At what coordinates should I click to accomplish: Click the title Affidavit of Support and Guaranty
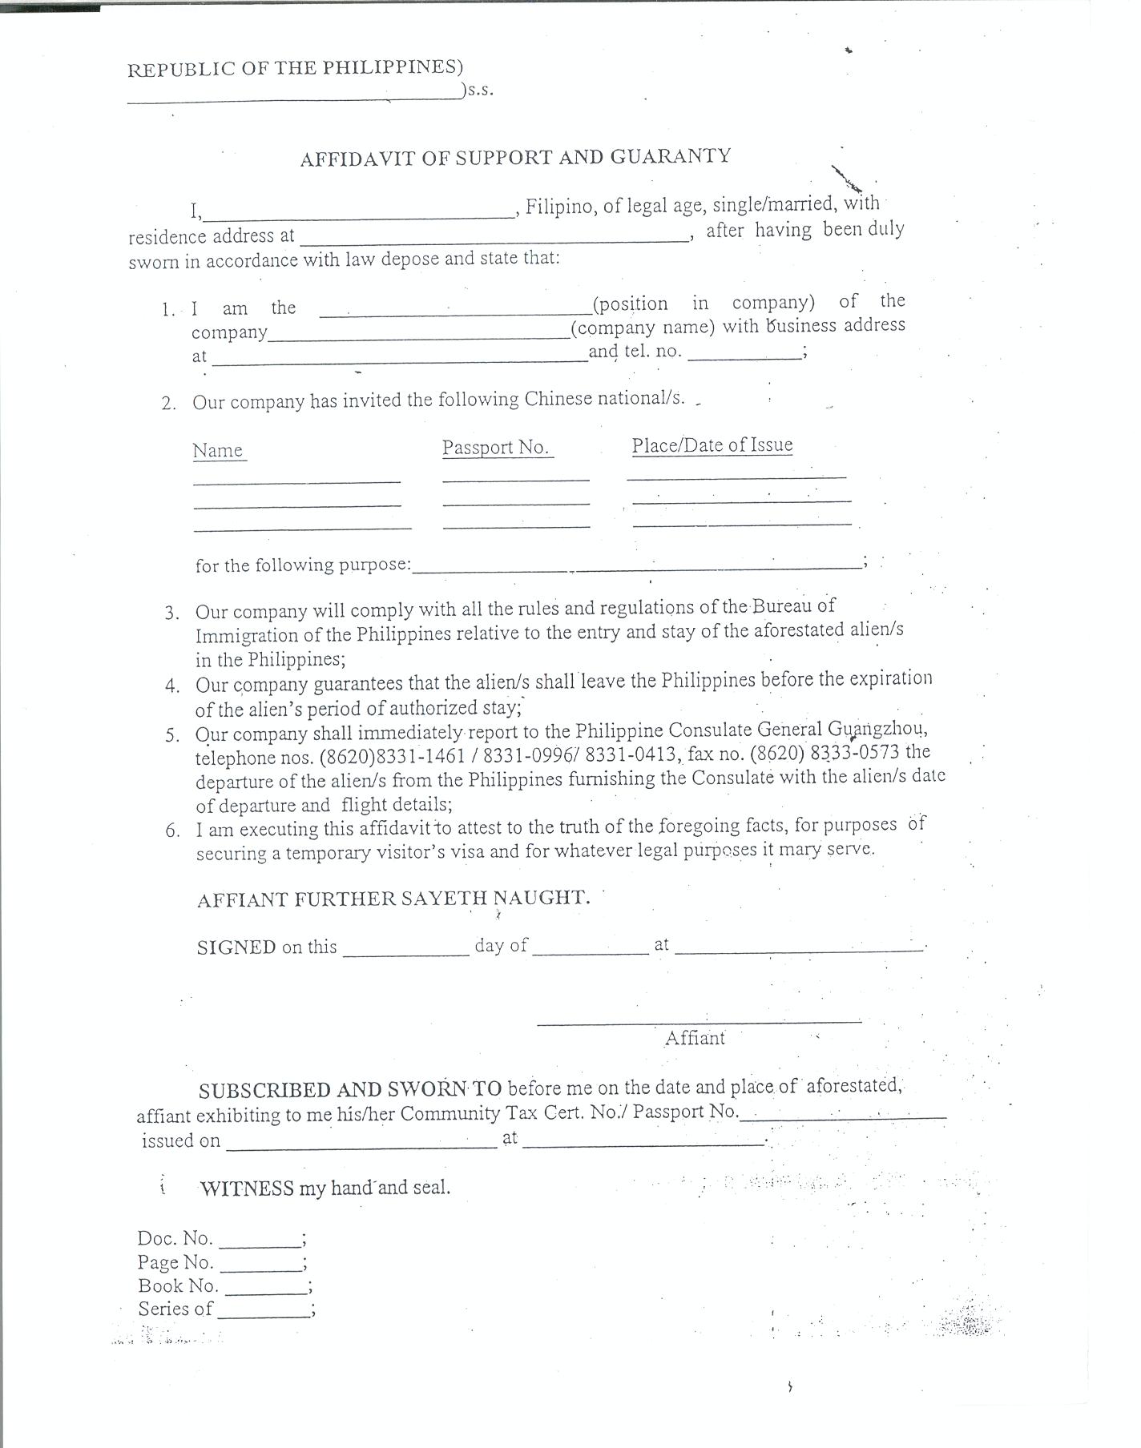coord(515,157)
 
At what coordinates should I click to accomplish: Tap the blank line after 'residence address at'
coord(494,237)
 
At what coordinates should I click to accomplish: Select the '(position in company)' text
coord(703,304)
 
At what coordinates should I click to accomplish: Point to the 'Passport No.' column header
coord(497,448)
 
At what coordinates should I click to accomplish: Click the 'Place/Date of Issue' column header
coord(712,445)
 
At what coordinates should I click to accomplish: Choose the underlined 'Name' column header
coord(218,451)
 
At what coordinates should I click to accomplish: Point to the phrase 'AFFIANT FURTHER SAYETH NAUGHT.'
coord(393,899)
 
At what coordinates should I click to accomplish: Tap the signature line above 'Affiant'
coord(699,1020)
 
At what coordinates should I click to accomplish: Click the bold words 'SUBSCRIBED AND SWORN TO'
coord(350,1090)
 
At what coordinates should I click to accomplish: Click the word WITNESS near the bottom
coord(247,1189)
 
